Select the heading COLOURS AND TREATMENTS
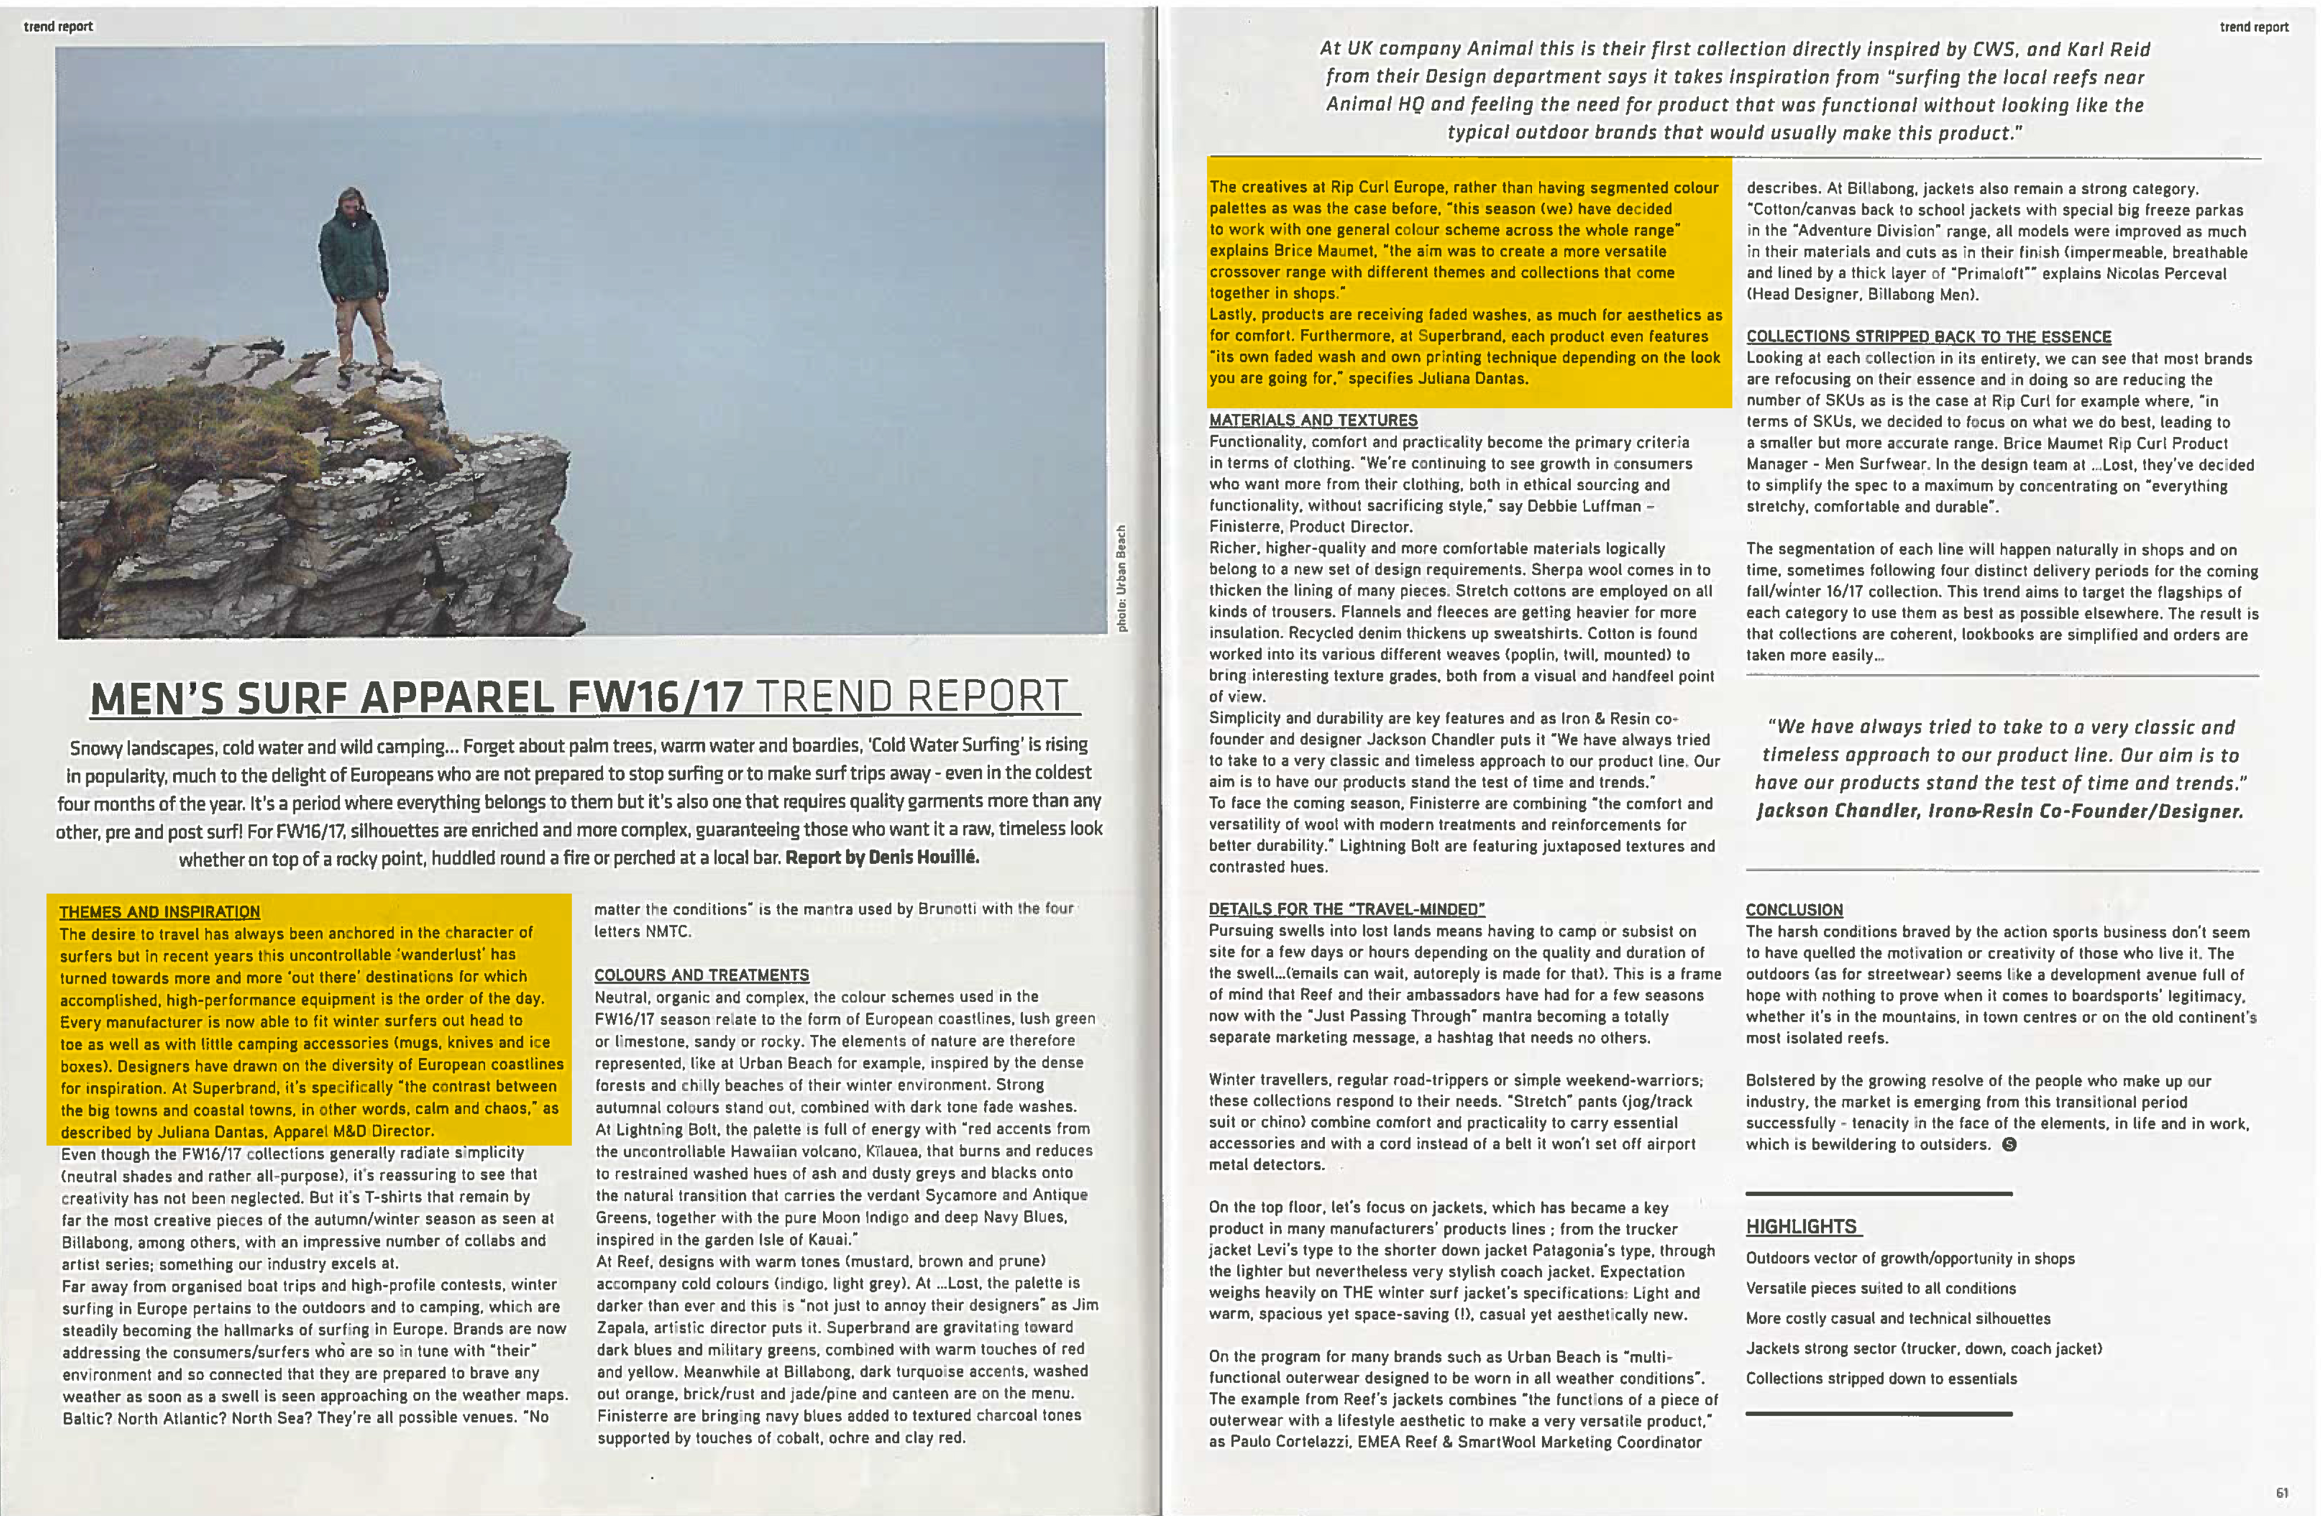tap(701, 975)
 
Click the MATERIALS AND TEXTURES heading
tap(1312, 420)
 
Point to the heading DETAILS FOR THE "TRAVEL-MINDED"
tap(1346, 908)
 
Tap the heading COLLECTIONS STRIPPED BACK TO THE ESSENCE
tap(1928, 336)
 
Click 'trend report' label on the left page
tap(58, 26)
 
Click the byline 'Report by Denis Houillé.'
tap(882, 857)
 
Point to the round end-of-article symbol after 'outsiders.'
tap(2009, 1145)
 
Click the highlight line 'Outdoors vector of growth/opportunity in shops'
tap(1909, 1259)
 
